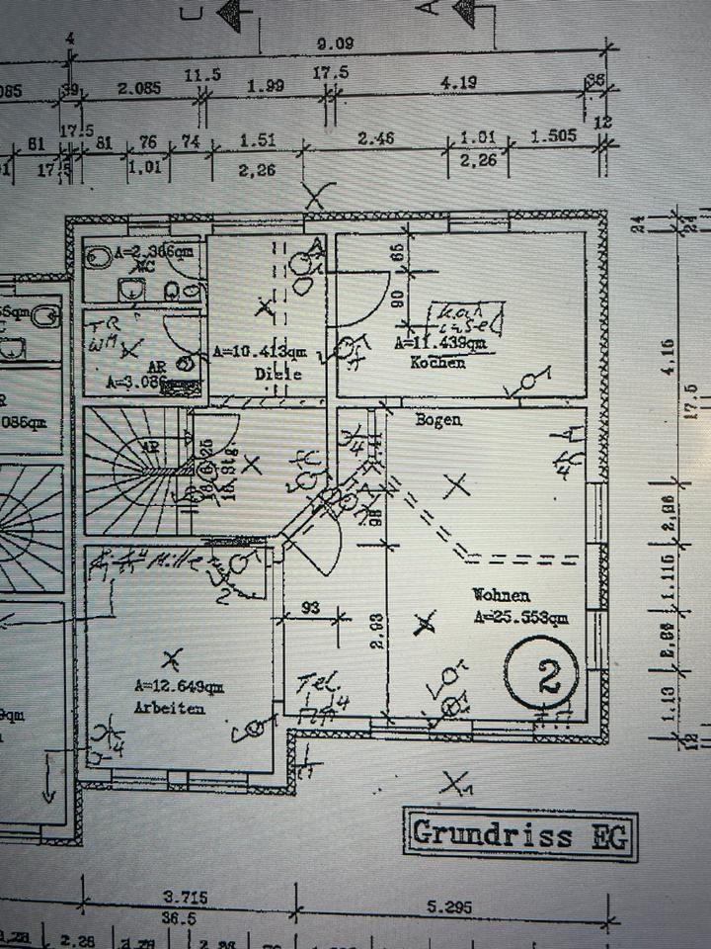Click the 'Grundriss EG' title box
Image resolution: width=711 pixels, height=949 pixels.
pyautogui.click(x=519, y=833)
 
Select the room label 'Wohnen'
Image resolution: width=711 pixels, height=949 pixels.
pyautogui.click(x=501, y=596)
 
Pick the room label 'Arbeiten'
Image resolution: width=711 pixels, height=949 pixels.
pyautogui.click(x=171, y=708)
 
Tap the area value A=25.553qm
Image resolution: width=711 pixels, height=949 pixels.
pyautogui.click(x=520, y=618)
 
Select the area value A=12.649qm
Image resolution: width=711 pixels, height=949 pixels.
pyautogui.click(x=179, y=685)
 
